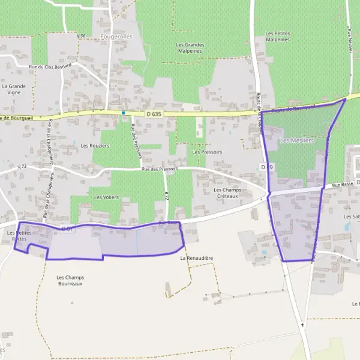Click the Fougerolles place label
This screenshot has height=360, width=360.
coord(117,37)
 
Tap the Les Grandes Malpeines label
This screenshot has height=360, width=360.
coord(190,48)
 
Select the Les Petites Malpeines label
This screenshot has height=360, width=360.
coord(277,36)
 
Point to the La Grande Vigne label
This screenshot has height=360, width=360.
coord(14,89)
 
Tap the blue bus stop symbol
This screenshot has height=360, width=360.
coord(123,112)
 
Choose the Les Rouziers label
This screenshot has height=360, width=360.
coord(94,146)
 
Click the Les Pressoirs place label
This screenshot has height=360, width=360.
coord(207,152)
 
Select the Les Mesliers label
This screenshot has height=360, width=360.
coord(297,140)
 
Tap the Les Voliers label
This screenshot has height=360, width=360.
coord(106,197)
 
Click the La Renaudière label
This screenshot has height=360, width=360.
coord(196,258)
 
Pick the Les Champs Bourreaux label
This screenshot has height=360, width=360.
coord(70,280)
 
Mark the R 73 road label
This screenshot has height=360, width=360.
coord(23,166)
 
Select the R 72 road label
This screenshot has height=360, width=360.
coord(167,196)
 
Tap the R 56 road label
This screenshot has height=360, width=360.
coord(82,36)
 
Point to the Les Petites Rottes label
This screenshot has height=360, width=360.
coord(20,236)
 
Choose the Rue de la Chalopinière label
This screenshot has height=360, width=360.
coord(50,143)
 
